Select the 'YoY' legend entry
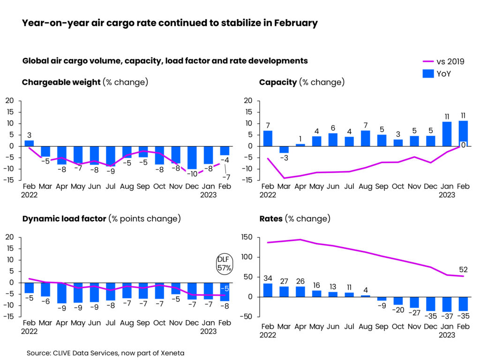tap(443, 73)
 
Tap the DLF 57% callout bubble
tap(224, 264)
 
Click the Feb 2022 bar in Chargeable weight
tap(29, 143)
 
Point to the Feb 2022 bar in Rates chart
tap(268, 290)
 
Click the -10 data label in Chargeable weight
tap(192, 174)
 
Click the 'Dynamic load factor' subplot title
tap(64, 219)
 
